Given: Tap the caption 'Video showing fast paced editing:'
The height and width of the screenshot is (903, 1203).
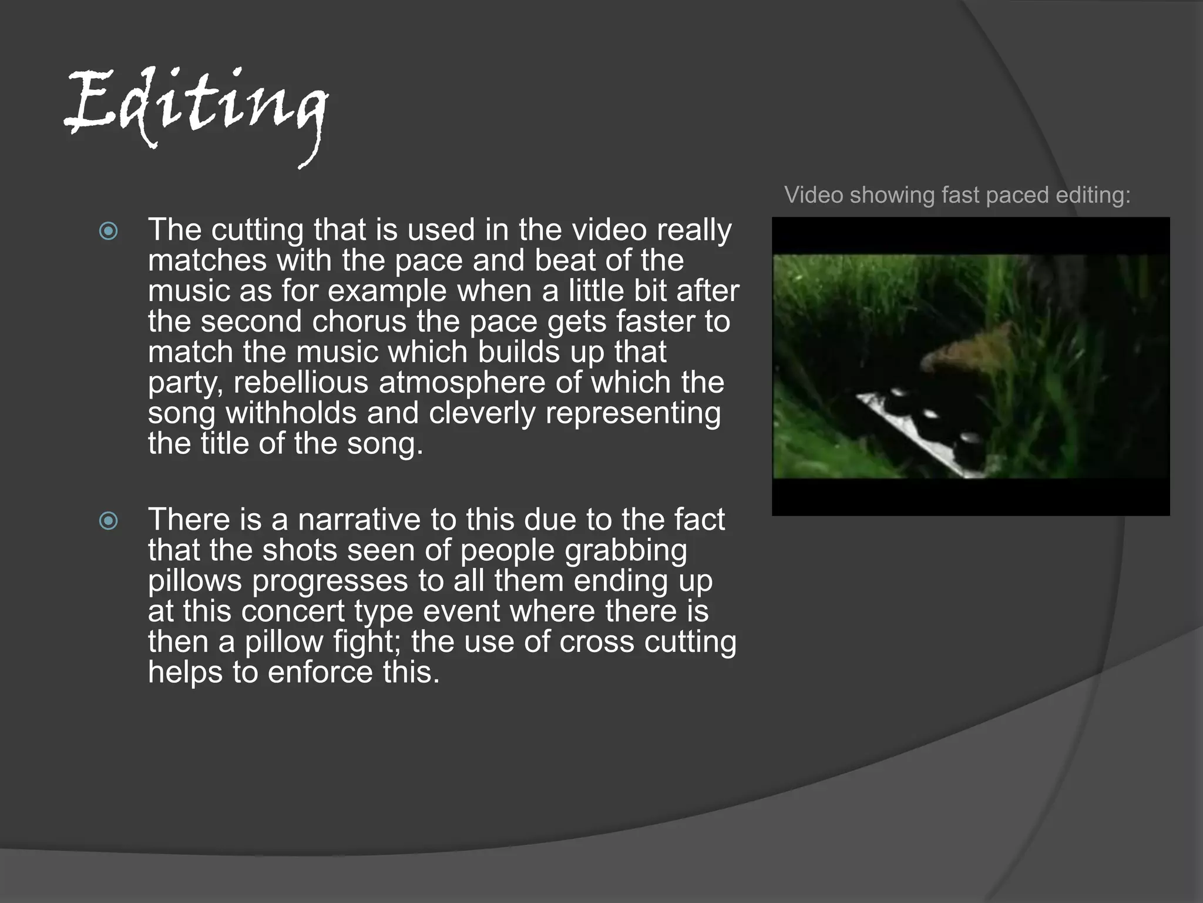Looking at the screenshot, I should [957, 195].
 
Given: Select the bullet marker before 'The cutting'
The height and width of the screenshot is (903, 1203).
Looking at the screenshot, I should [109, 231].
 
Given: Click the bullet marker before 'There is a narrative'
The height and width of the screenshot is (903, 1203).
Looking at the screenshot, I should [109, 521].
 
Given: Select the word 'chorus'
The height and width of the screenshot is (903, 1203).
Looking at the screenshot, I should [359, 322].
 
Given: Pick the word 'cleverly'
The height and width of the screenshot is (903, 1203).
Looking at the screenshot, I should [482, 413].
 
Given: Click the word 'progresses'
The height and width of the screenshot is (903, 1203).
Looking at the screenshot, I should [330, 581].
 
